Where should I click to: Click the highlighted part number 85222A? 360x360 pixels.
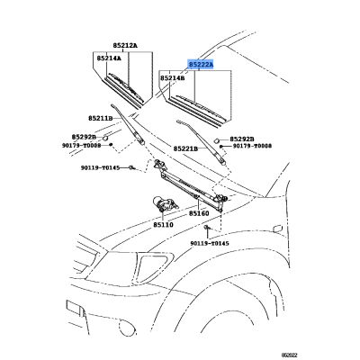201,64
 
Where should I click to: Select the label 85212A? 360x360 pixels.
125,46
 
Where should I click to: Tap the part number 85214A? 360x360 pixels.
109,58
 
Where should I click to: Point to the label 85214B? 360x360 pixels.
172,78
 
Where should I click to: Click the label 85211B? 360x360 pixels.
100,119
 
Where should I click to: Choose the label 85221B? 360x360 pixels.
185,148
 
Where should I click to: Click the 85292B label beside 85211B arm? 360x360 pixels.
84,137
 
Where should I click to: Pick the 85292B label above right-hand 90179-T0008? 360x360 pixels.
242,139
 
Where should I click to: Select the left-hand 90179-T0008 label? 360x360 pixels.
82,146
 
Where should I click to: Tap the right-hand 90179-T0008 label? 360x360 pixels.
252,146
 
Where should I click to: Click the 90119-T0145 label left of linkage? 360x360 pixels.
100,167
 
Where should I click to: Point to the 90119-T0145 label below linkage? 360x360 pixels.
210,243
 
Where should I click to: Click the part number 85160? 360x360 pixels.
199,213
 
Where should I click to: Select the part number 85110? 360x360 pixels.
163,225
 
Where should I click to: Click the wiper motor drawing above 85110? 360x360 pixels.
165,204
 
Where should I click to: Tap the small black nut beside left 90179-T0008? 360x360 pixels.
111,145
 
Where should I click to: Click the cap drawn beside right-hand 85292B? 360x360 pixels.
216,139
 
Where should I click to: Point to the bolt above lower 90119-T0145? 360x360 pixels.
207,228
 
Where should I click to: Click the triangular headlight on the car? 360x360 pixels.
154,266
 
